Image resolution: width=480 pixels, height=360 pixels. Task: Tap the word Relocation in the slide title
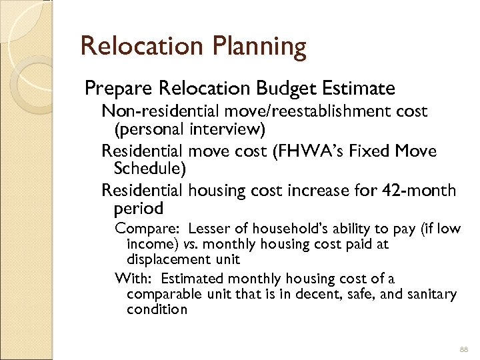pyautogui.click(x=140, y=47)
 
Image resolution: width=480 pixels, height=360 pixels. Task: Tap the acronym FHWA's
pyautogui.click(x=331, y=151)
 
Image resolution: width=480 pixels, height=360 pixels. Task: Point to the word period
pyautogui.click(x=139, y=209)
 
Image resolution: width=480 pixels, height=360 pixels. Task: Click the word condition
pyautogui.click(x=157, y=309)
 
